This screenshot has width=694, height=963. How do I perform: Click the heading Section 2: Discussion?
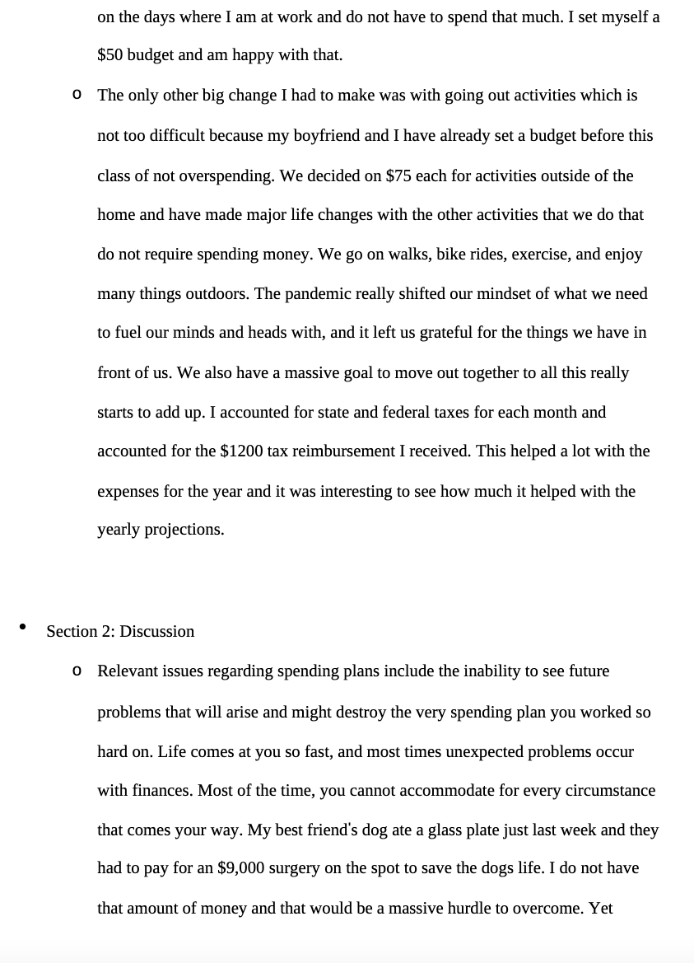pos(120,631)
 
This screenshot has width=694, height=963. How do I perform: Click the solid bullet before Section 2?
pos(22,628)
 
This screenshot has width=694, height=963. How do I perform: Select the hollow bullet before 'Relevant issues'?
pos(77,671)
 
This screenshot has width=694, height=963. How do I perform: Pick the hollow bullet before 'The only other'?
pos(77,96)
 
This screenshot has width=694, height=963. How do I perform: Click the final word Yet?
pos(600,909)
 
